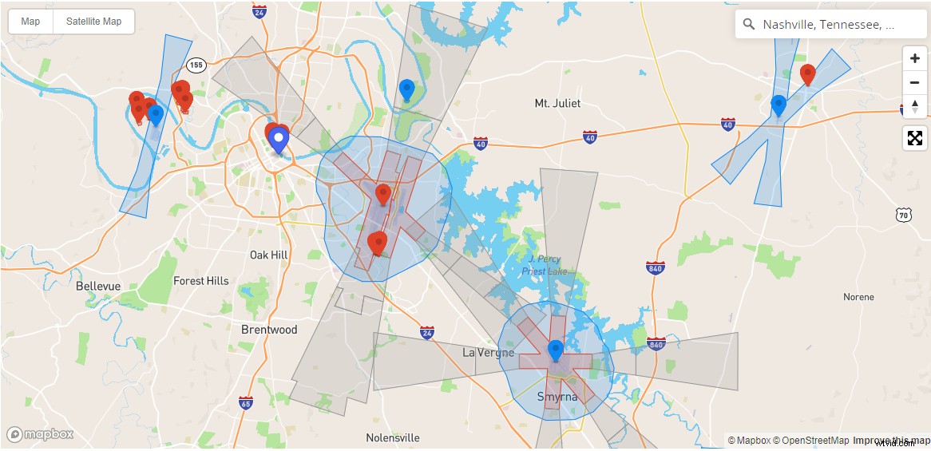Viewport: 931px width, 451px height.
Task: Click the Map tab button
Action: [30, 22]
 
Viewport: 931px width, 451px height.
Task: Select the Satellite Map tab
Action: [93, 22]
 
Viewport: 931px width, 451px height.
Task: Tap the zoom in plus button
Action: [914, 58]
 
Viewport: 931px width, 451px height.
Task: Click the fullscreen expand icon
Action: [914, 138]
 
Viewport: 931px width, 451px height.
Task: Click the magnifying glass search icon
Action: [749, 25]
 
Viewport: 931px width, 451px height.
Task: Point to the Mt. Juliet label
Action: [557, 103]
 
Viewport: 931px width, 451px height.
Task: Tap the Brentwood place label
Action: [269, 330]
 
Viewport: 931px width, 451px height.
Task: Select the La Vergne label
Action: [488, 353]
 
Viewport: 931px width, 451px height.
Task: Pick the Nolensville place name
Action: [392, 438]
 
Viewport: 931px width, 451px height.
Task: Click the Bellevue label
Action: [98, 286]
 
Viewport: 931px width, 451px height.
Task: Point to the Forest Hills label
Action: [200, 281]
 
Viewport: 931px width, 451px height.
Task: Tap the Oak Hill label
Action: [268, 255]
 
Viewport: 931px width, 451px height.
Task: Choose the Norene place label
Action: [858, 297]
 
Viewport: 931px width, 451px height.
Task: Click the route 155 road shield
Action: [196, 65]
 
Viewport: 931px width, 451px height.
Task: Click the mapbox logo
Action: [40, 435]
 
